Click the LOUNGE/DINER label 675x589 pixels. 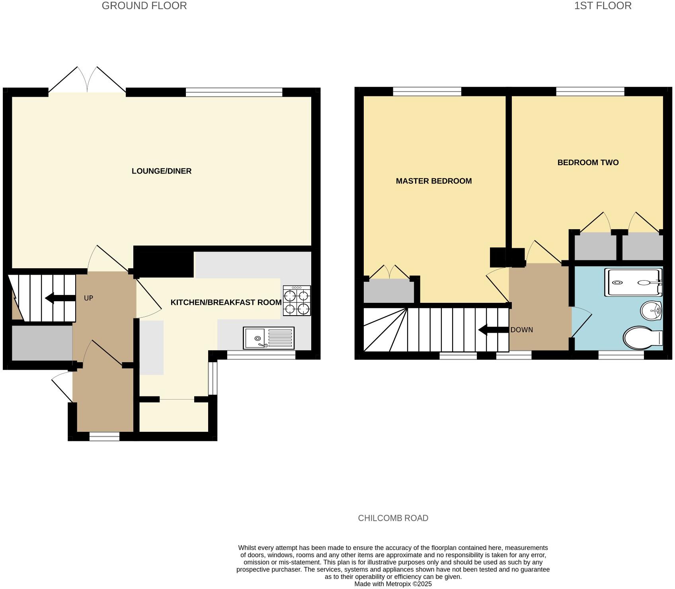point(162,171)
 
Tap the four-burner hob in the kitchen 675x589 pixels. point(297,301)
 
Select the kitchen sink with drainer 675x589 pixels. point(269,338)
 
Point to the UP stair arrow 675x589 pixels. point(60,298)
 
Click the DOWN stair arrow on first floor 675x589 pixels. point(494,330)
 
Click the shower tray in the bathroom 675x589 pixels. point(633,283)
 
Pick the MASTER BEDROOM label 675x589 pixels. point(434,181)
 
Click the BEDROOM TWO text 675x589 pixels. point(588,162)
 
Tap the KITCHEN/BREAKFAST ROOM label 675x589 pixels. point(226,302)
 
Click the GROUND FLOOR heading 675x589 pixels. point(144,6)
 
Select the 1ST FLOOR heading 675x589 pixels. point(603,6)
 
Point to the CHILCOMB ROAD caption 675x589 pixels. point(393,518)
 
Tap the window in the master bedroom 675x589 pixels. point(427,92)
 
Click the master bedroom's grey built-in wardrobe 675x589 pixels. point(389,291)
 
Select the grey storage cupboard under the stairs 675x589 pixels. point(42,343)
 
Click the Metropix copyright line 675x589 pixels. point(393,584)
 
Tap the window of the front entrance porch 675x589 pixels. point(104,437)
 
